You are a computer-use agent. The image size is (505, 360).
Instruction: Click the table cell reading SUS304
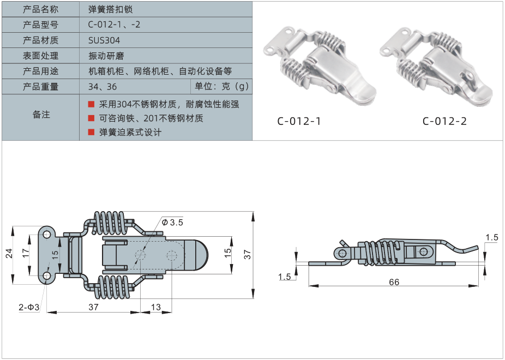coord(104,40)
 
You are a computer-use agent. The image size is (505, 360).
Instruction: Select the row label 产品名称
coord(41,9)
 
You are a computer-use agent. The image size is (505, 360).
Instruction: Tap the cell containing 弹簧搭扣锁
coord(110,9)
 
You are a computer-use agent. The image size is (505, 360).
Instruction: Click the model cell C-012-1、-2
coord(114,25)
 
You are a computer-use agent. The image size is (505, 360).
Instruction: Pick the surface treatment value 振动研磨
coord(104,56)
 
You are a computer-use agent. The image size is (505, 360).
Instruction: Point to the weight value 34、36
coord(102,87)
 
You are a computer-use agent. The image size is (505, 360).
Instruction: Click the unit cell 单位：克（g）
coord(221,87)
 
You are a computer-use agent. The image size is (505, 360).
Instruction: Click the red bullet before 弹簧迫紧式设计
coord(91,132)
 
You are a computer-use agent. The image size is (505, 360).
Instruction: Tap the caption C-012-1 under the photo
coord(299,121)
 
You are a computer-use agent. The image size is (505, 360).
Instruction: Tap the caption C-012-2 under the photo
coord(444,121)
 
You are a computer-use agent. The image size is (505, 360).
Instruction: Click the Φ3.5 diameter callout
coord(173,223)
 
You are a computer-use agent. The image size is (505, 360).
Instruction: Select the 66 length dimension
coord(394,281)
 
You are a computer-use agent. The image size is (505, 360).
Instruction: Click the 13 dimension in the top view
coord(156,307)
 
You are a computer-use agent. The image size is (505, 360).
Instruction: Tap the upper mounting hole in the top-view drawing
coord(47,235)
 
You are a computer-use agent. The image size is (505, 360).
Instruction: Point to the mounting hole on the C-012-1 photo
coord(271,50)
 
